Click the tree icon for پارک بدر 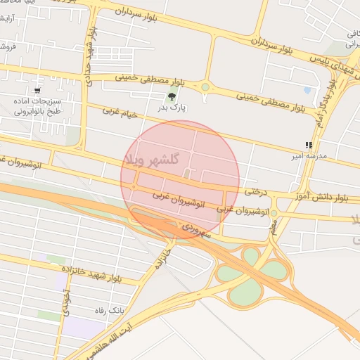tap(170, 97)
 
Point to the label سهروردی tap(196, 229)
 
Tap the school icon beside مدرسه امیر tap(309, 145)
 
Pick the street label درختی tap(257, 191)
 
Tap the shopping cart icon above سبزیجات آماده tap(37, 91)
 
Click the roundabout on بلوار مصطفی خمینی tap(205, 87)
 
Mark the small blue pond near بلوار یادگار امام tap(307, 91)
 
